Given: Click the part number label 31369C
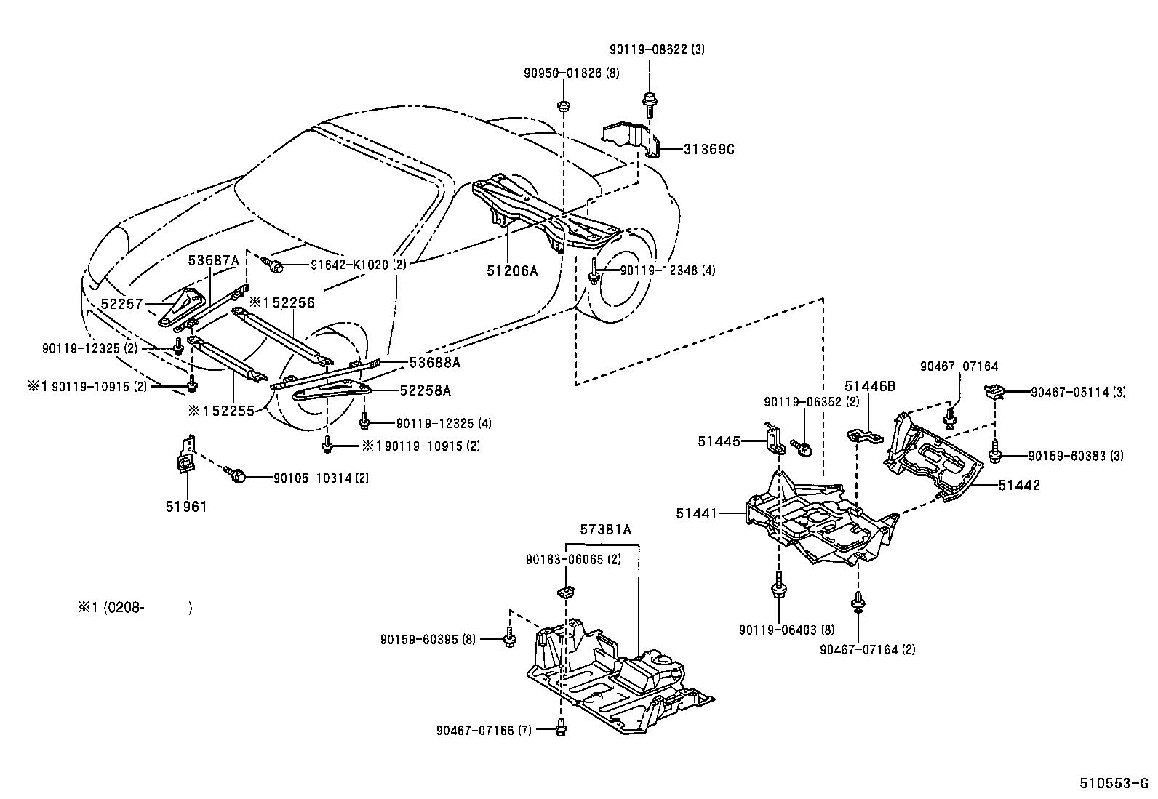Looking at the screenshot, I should [x=709, y=150].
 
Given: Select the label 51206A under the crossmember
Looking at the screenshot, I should [x=512, y=270].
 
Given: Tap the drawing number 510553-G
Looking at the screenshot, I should [x=1113, y=784].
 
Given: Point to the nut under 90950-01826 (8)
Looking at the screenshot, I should [x=563, y=106].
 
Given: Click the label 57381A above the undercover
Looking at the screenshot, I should [x=605, y=530].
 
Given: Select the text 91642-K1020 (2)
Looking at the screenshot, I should [x=347, y=265].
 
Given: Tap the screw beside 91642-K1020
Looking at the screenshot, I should [x=275, y=266].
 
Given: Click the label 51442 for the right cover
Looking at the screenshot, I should [x=1018, y=485].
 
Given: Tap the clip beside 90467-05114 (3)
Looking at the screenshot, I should [x=994, y=392].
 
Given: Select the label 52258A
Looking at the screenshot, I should [x=425, y=390].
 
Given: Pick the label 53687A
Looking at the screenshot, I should [x=213, y=260].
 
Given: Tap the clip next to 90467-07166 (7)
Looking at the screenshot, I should [x=562, y=725].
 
